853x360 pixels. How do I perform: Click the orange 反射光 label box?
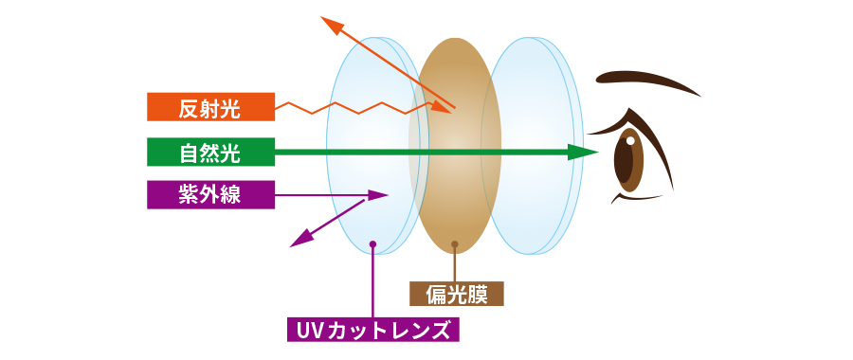tap(210, 107)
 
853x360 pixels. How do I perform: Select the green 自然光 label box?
tap(210, 152)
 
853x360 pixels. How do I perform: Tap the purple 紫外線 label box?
tap(210, 194)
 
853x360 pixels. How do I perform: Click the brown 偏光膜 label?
tap(457, 294)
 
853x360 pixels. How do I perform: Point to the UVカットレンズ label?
tap(373, 330)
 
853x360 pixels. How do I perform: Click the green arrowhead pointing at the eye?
tap(583, 152)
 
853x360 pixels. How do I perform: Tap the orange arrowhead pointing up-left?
tap(332, 25)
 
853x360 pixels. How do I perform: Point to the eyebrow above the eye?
tap(647, 82)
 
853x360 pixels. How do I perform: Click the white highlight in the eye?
tap(630, 141)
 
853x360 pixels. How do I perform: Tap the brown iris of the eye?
tap(629, 160)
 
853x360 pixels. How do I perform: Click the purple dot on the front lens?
tap(372, 243)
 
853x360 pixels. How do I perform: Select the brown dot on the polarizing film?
tap(455, 244)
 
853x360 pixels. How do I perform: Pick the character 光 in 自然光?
tap(230, 152)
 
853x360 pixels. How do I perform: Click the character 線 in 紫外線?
tap(230, 194)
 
